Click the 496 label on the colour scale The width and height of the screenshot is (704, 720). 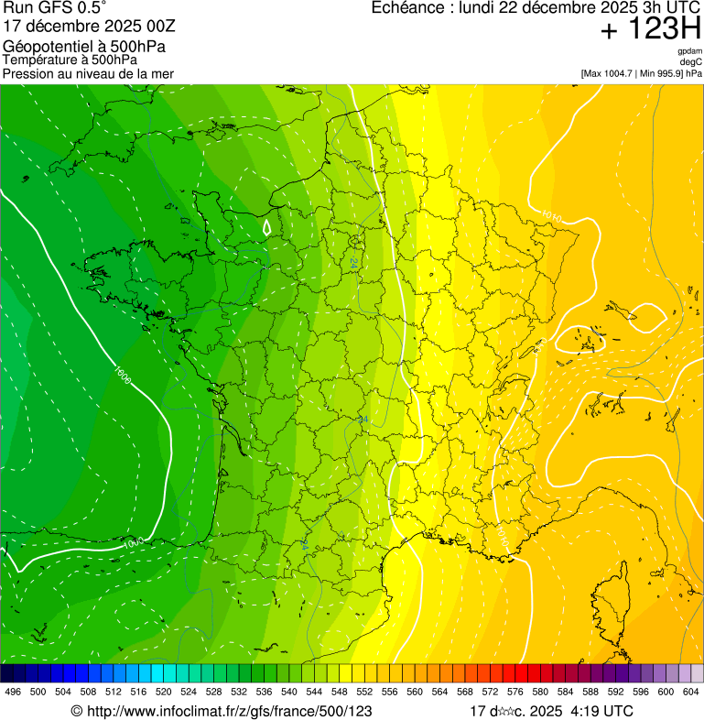click(13, 692)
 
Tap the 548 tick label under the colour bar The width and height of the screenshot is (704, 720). click(338, 692)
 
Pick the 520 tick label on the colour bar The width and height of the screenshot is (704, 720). click(163, 692)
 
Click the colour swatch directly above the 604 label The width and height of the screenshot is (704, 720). click(697, 673)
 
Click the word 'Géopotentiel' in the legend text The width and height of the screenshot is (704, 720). click(46, 46)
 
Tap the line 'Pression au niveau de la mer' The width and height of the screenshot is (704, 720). click(88, 73)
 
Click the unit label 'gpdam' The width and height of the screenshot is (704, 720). click(689, 51)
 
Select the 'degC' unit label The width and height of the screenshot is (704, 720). click(691, 62)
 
